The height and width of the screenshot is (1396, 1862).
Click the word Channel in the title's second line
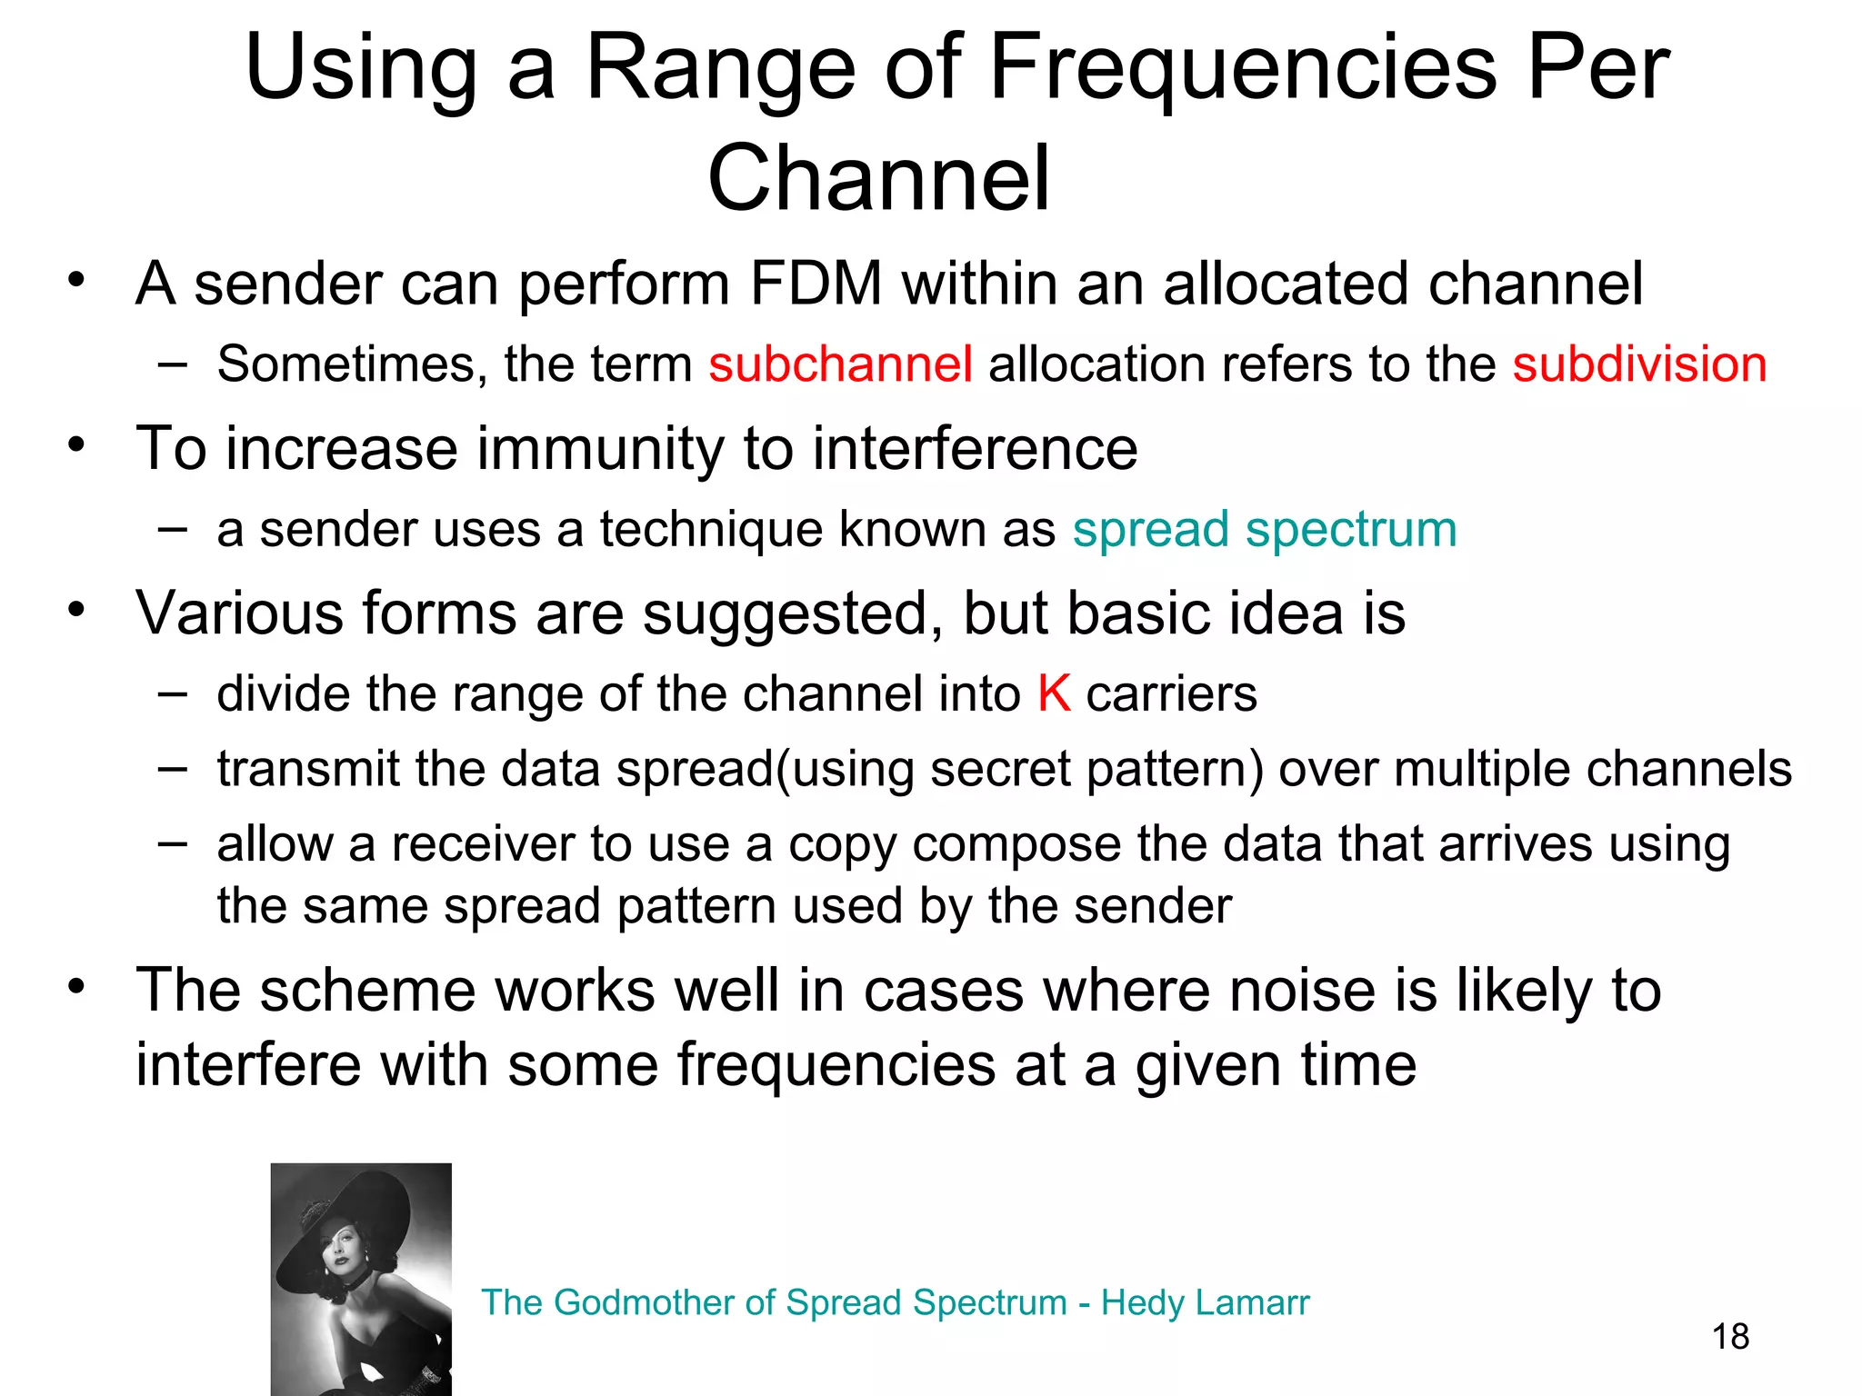coord(879,179)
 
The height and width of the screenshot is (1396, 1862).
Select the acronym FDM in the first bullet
coord(816,284)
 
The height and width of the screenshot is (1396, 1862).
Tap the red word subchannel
coord(840,364)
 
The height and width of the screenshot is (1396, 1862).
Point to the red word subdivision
coord(1639,364)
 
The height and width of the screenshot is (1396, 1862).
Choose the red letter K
coord(1054,694)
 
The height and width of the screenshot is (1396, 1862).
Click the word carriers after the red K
coord(1172,694)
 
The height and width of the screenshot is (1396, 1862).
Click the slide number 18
coord(1730,1337)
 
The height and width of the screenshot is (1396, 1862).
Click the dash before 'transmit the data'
coord(172,768)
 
